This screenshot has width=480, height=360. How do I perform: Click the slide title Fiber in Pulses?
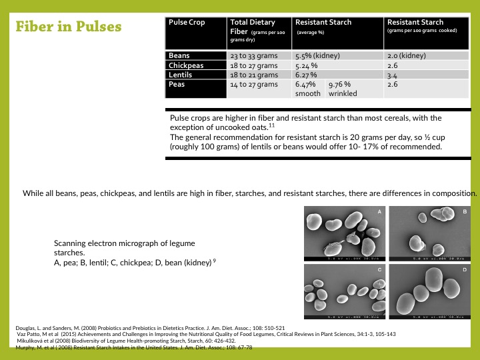[x=69, y=27]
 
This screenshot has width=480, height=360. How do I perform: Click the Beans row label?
[x=179, y=56]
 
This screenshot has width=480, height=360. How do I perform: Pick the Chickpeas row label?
[x=186, y=66]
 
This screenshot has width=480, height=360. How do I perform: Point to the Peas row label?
[x=177, y=85]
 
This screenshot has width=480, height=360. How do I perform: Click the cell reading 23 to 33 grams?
[x=254, y=56]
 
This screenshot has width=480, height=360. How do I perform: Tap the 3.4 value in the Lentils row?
[x=392, y=76]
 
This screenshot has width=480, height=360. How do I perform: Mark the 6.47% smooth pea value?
[x=308, y=89]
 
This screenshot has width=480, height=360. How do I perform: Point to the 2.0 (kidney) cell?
[x=406, y=56]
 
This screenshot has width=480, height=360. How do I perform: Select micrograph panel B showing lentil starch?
[x=430, y=233]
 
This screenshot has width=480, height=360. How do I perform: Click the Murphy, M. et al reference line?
[x=133, y=348]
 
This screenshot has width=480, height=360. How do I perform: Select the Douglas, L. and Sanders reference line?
[x=150, y=328]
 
